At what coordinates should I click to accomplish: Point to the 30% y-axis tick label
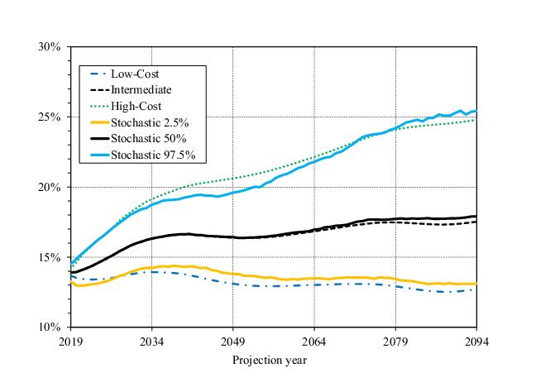(50, 47)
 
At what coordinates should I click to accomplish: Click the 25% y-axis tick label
(50, 117)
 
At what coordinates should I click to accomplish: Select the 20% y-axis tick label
(50, 188)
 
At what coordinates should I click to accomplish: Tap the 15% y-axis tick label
(50, 257)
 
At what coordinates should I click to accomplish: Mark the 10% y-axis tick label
(50, 327)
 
